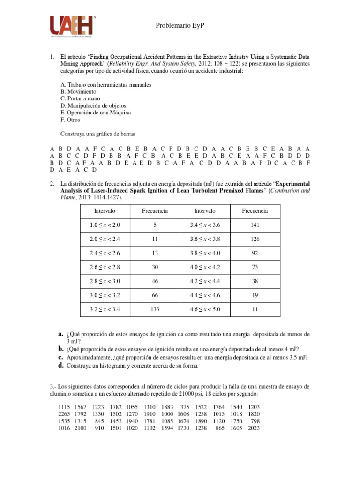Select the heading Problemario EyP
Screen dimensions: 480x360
(180, 27)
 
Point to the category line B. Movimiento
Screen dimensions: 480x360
(78, 92)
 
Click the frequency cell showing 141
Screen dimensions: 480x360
(255, 225)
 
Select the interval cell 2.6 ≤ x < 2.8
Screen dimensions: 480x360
(105, 267)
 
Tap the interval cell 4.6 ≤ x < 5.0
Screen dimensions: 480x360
(205, 309)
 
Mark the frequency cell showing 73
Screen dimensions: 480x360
(255, 267)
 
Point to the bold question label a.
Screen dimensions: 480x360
(61, 334)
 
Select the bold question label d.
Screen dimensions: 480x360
(61, 365)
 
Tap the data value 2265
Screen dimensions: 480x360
(64, 414)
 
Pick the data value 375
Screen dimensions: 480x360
(184, 407)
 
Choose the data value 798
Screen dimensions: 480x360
(255, 421)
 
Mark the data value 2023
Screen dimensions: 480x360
(254, 428)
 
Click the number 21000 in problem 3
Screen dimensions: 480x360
(200, 393)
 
